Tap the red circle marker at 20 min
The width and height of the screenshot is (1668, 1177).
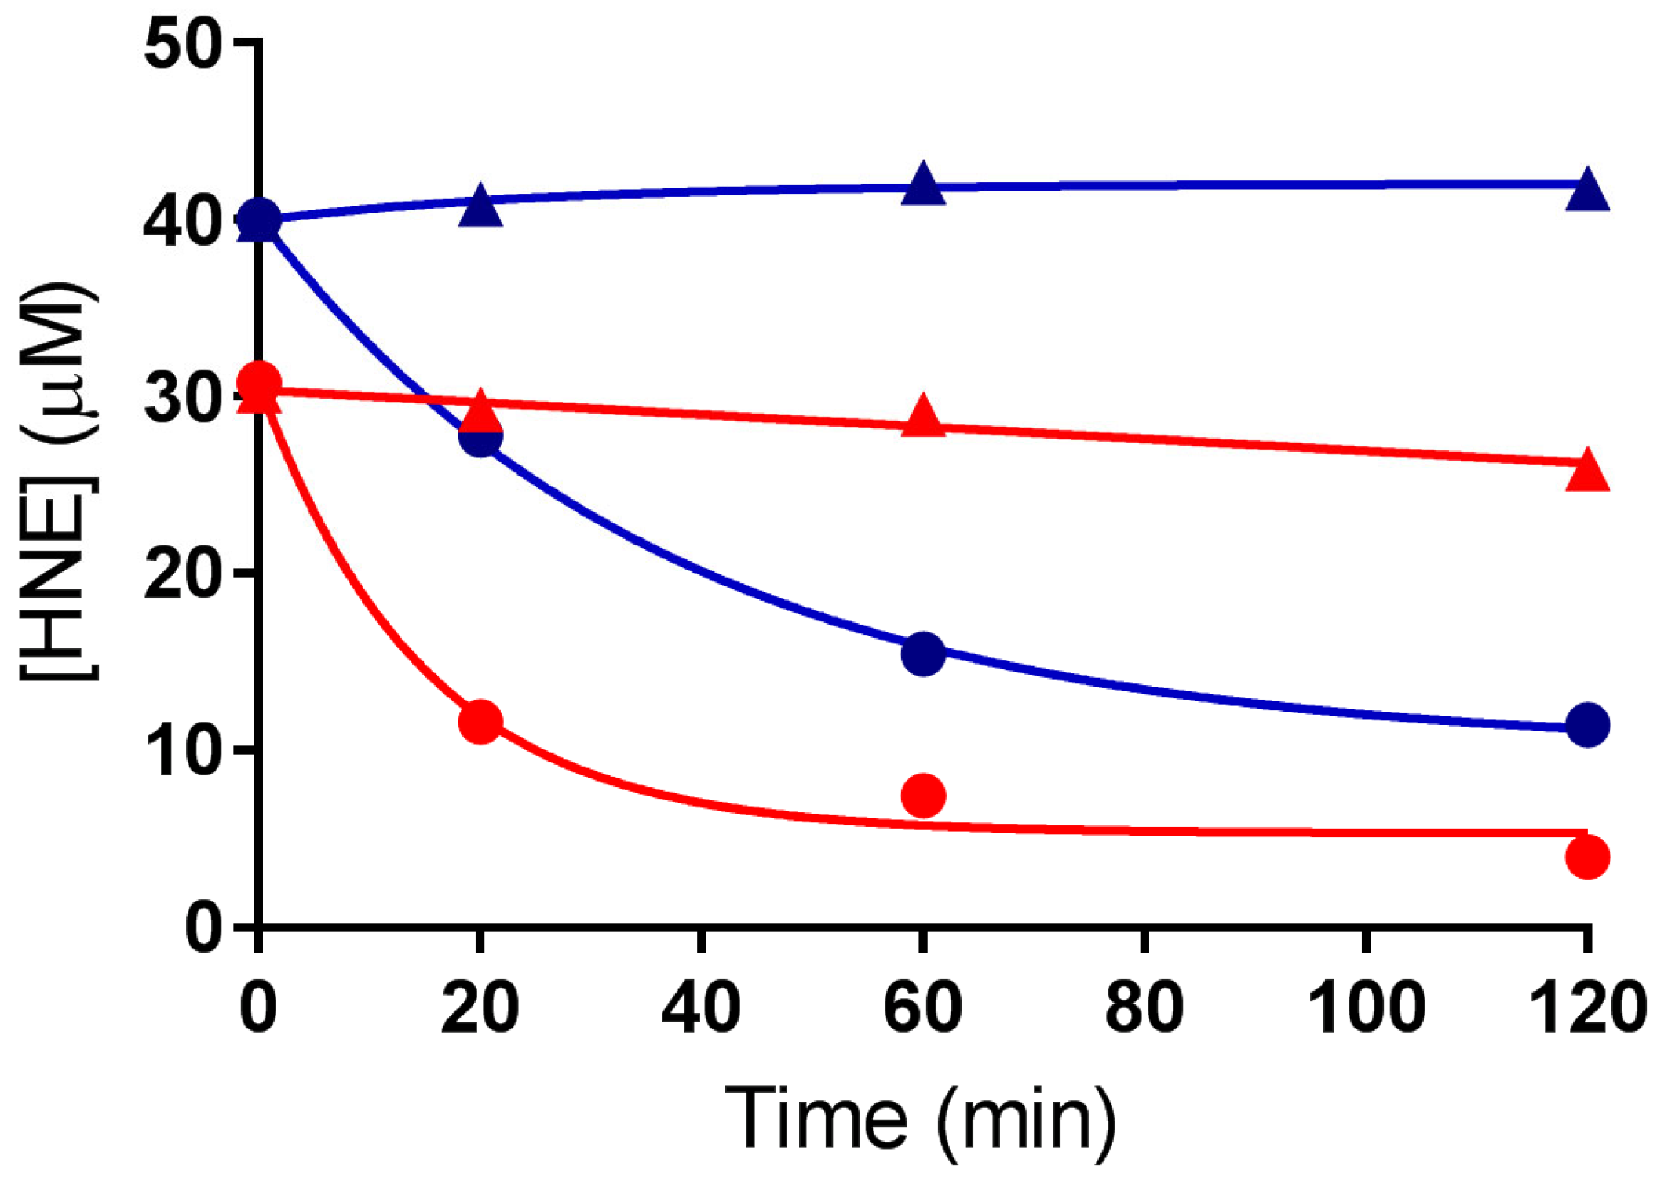pyautogui.click(x=480, y=721)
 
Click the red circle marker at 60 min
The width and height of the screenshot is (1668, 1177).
pyautogui.click(x=923, y=796)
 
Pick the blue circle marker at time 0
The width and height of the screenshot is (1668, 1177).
pyautogui.click(x=259, y=220)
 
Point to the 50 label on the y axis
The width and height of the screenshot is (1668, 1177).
pyautogui.click(x=181, y=46)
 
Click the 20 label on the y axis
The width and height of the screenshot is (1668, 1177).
pyautogui.click(x=181, y=576)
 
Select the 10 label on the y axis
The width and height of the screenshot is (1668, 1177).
pyautogui.click(x=181, y=752)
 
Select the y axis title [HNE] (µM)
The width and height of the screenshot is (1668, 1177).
pyautogui.click(x=59, y=482)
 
